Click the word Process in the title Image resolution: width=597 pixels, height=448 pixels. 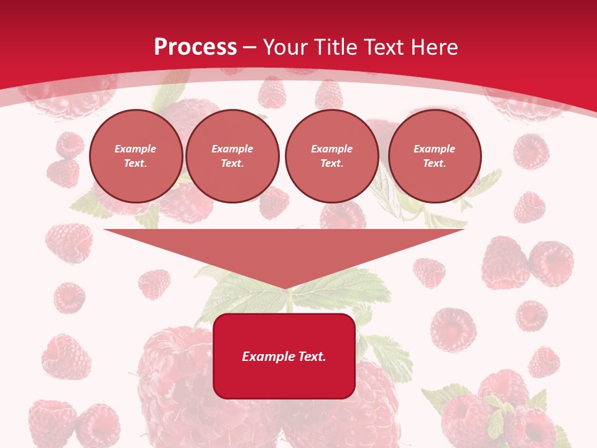click(195, 47)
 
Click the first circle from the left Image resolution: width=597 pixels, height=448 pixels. click(136, 156)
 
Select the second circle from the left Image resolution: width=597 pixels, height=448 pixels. click(232, 156)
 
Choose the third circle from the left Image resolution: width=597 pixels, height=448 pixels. click(331, 156)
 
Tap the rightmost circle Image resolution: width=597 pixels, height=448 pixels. click(434, 156)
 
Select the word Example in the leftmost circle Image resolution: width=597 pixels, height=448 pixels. click(136, 149)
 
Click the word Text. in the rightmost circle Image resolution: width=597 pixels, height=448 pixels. click(434, 164)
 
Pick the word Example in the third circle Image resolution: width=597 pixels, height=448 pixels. click(331, 149)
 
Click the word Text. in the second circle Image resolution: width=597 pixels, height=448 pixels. click(232, 164)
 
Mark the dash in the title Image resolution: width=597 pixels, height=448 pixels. click(249, 47)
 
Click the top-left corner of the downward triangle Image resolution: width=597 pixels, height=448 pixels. click(104, 230)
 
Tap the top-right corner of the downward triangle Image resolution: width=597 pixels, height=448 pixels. click(464, 230)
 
